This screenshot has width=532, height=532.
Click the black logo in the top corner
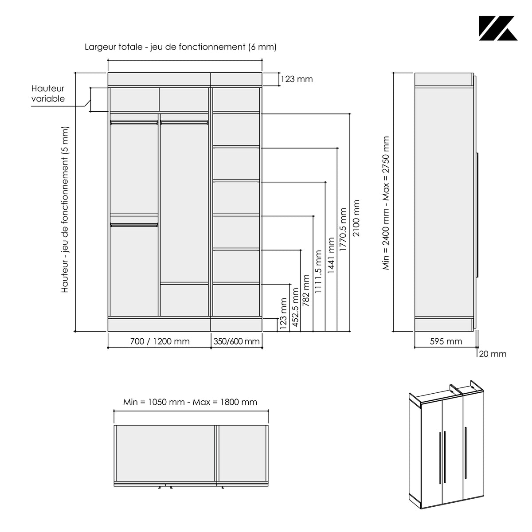(x=498, y=28)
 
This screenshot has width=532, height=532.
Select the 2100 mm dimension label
(x=356, y=218)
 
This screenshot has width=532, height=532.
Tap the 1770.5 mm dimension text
(x=343, y=229)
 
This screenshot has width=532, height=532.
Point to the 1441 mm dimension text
(x=331, y=255)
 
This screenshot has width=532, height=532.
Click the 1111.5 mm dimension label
(x=318, y=272)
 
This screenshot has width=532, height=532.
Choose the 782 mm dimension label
(x=306, y=290)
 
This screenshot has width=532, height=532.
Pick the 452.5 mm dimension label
(x=295, y=307)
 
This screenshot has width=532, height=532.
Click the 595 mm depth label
(x=446, y=341)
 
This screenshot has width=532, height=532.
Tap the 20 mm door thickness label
(x=493, y=354)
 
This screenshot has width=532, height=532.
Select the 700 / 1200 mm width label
(x=160, y=341)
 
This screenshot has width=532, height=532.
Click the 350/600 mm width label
(x=236, y=341)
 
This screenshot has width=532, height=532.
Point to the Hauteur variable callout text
(x=48, y=93)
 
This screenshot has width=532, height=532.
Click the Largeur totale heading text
(x=180, y=47)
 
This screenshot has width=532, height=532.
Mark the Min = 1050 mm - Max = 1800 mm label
(x=190, y=402)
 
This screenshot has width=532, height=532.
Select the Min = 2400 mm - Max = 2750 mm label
(x=386, y=203)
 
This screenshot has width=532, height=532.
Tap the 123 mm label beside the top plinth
(x=297, y=79)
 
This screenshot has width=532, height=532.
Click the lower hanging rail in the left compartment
(x=134, y=225)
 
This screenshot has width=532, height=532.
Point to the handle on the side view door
(x=477, y=215)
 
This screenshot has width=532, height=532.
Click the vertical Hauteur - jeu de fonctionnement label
(x=65, y=210)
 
